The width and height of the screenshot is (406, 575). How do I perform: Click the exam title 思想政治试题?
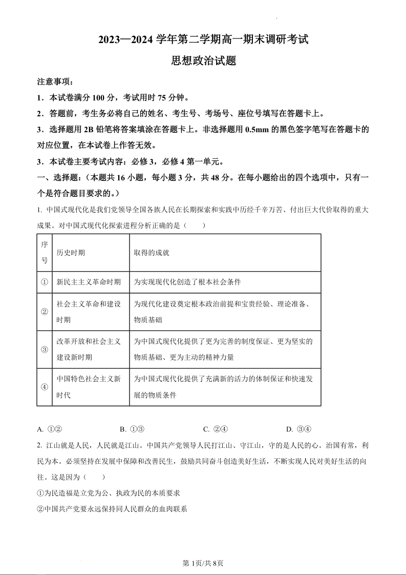tap(203, 60)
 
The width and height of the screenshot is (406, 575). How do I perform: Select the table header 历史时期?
tap(71, 253)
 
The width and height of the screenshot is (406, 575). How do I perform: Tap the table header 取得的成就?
tap(152, 253)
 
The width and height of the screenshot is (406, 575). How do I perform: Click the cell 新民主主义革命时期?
tap(89, 282)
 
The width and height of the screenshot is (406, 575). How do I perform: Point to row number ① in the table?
tap(45, 282)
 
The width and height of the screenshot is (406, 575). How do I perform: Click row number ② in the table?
tap(45, 312)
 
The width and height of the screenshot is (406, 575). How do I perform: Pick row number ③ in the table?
tap(45, 350)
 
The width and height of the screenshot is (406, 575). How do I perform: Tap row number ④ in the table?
tap(45, 387)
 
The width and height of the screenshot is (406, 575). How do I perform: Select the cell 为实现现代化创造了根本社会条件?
tap(187, 282)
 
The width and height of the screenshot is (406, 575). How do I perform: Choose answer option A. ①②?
tap(50, 429)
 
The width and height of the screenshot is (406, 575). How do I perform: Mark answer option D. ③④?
tap(298, 429)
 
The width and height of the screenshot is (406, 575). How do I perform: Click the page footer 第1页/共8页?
tap(203, 563)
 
